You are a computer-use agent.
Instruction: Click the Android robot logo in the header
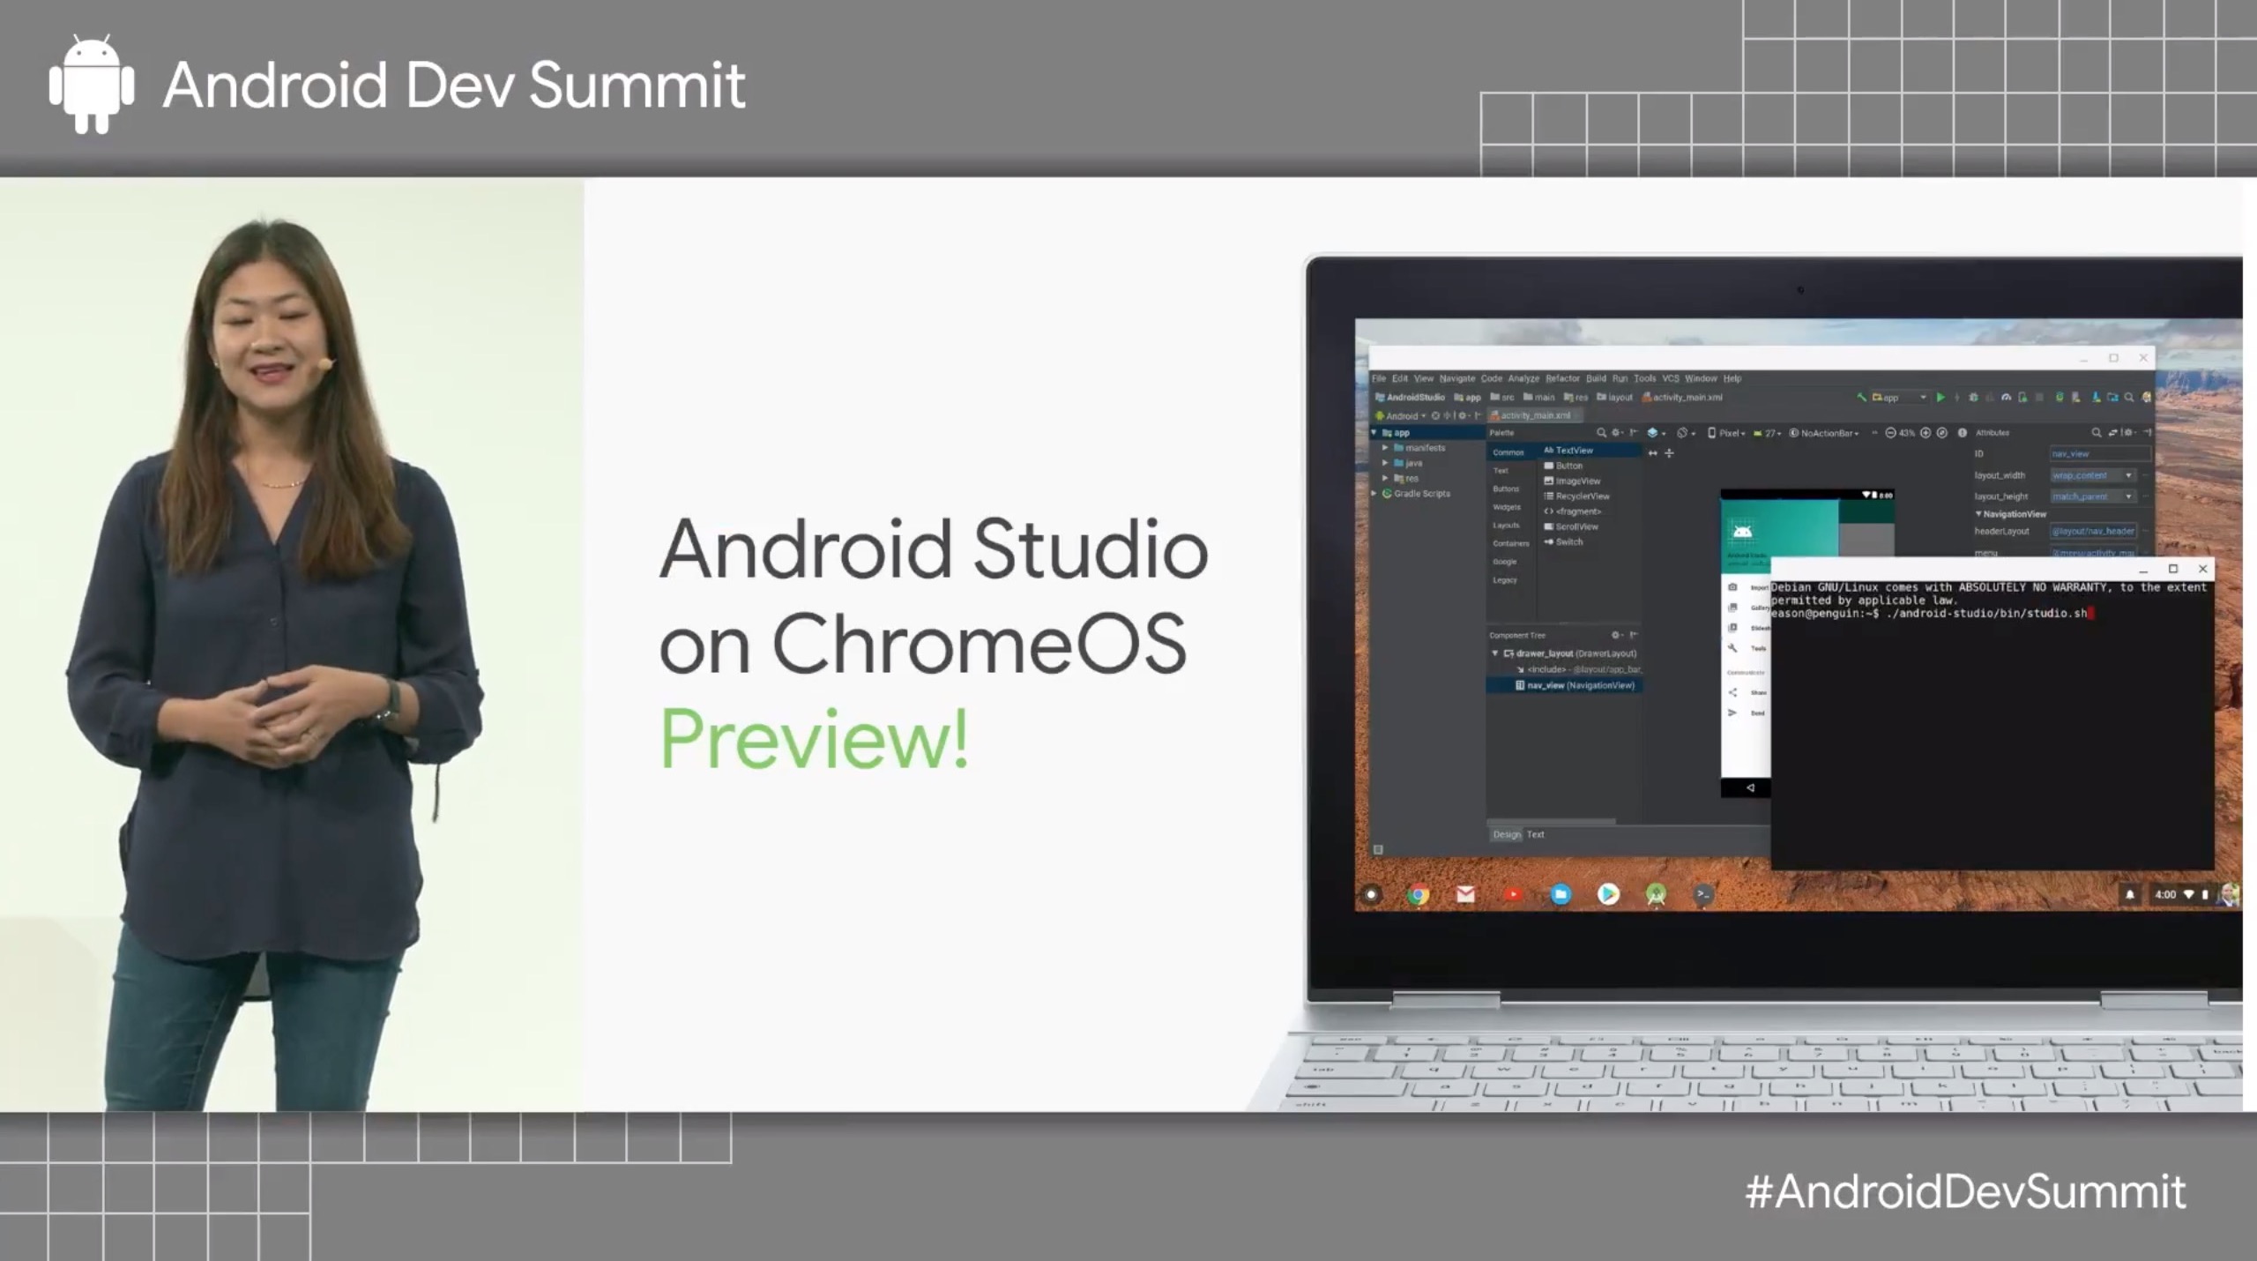coord(92,85)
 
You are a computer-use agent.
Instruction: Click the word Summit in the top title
coord(637,86)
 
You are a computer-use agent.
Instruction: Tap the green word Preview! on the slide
coord(814,738)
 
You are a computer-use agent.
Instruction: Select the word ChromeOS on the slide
coord(979,644)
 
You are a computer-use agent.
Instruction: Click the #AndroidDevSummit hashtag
coord(1965,1192)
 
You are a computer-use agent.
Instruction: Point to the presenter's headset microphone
coord(325,363)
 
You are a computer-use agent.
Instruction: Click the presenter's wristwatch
coord(391,701)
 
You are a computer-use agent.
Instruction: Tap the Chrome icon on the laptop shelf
coord(1418,894)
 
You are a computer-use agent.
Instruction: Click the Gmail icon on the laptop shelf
coord(1465,894)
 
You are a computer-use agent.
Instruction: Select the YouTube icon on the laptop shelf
coord(1513,894)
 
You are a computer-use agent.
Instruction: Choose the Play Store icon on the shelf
coord(1608,894)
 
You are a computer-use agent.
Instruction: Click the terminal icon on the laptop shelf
coord(1703,894)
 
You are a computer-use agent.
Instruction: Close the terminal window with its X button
coord(2202,569)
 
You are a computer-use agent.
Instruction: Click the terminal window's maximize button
coord(2173,569)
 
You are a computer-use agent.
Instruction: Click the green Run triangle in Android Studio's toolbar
coord(1940,398)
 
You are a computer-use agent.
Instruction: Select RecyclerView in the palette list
coord(1582,496)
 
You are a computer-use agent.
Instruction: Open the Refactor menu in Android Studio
coord(1562,378)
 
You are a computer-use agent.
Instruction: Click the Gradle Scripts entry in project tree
coord(1421,494)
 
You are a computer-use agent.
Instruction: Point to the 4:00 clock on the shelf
coord(2165,894)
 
